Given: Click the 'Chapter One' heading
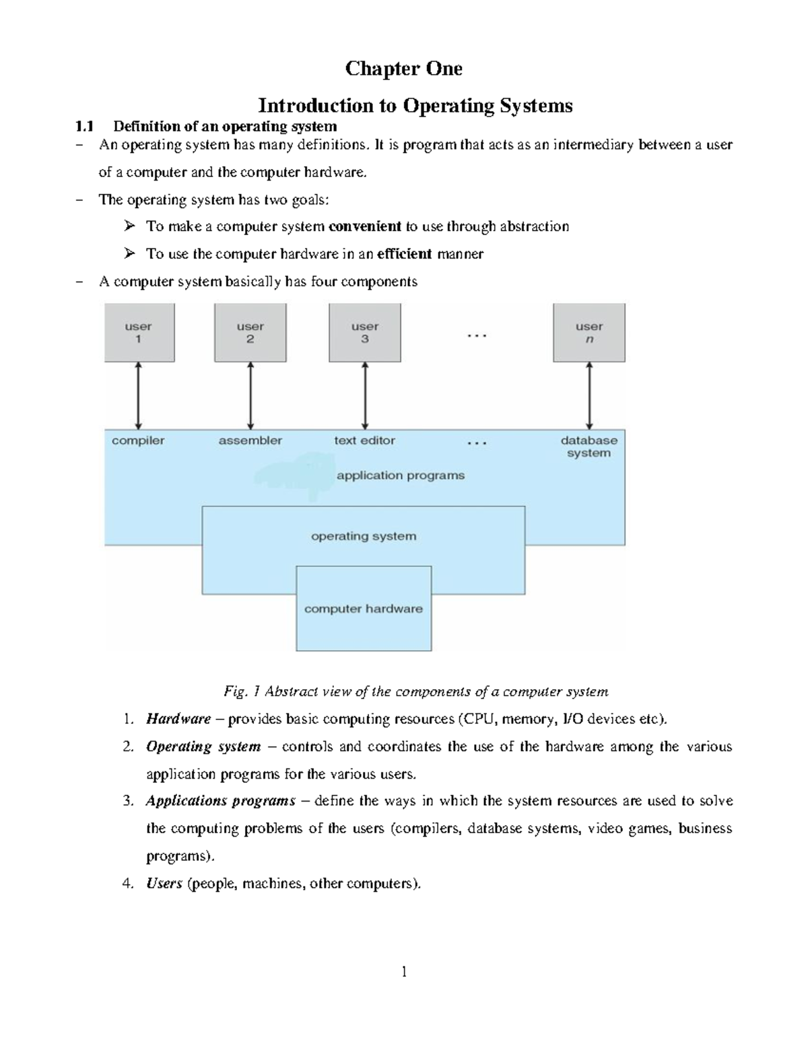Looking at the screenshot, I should (403, 69).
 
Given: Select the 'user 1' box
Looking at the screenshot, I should (139, 333).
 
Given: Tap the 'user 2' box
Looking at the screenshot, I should (250, 333).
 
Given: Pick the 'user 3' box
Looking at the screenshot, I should (364, 333).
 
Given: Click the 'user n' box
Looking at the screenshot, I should (589, 333).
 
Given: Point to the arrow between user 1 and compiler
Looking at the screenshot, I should (138, 395).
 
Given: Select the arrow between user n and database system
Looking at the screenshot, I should (589, 395).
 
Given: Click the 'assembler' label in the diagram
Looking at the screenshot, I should (250, 440).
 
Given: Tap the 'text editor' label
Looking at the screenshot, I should (364, 440).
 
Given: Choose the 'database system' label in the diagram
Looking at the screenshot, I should (588, 447).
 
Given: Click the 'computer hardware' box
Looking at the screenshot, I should (364, 609).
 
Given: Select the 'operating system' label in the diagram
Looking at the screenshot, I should (364, 537).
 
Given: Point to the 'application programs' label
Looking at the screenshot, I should (401, 476).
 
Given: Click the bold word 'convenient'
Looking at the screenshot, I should (364, 226).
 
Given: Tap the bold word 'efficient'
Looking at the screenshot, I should (404, 254).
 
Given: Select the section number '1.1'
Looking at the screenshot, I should (84, 127).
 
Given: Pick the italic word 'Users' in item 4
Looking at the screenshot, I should (164, 884).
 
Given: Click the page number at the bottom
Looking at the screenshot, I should (404, 971).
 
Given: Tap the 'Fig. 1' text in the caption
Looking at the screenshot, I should (241, 692).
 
